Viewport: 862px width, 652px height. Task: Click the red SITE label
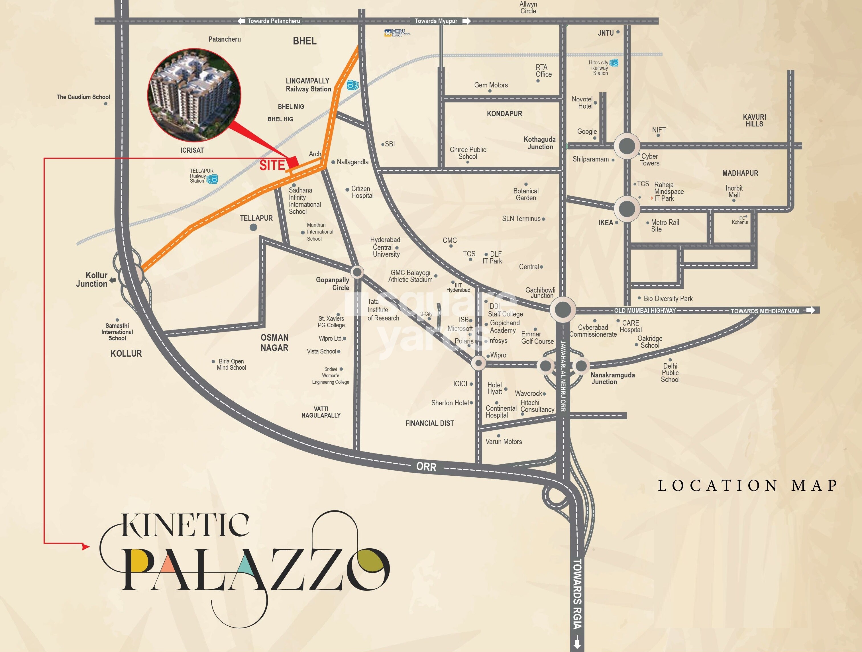tap(272, 165)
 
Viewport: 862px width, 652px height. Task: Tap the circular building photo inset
tap(194, 95)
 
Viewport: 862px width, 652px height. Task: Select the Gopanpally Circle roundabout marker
tap(357, 271)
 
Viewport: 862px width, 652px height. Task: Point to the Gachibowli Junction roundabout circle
tap(562, 310)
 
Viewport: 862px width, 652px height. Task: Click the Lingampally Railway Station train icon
tap(352, 85)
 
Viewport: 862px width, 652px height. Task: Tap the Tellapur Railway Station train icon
tap(212, 179)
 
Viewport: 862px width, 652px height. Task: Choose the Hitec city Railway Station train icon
tap(614, 62)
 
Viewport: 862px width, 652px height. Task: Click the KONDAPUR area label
tap(504, 114)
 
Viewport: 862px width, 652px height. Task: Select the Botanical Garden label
tap(526, 194)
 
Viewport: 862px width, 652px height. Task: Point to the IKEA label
tap(606, 223)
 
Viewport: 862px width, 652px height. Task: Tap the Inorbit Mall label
tap(734, 192)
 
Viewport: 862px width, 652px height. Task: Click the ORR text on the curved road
tap(426, 467)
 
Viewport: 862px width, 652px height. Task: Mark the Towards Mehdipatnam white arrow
tap(810, 310)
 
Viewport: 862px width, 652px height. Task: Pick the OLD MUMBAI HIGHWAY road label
tap(645, 310)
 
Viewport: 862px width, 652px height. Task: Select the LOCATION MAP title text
tap(747, 485)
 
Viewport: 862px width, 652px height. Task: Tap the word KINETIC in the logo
tap(185, 525)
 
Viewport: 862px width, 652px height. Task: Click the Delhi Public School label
tap(670, 373)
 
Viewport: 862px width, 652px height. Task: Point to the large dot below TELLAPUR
tap(253, 227)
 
